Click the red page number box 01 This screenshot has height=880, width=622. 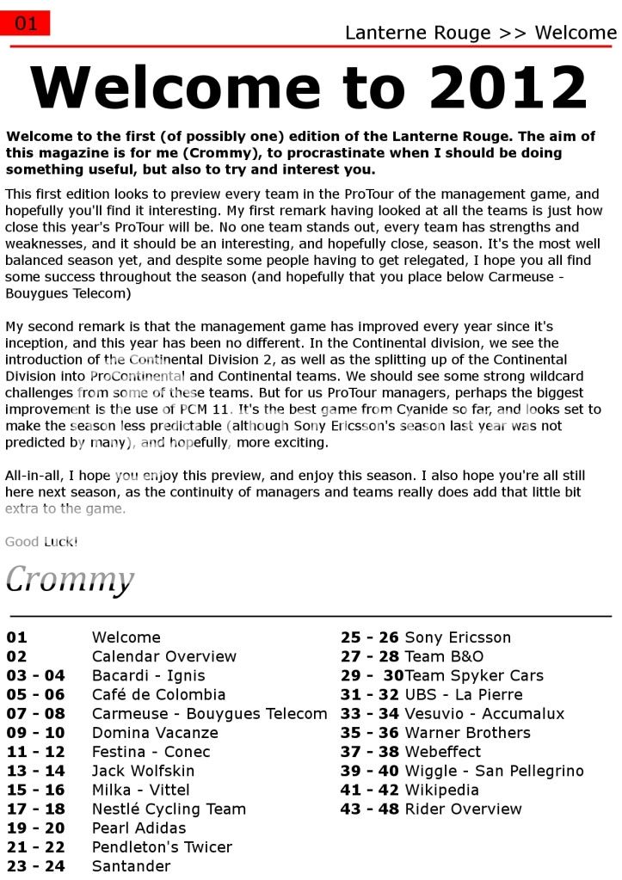coord(26,23)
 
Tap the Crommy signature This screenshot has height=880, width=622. coord(70,579)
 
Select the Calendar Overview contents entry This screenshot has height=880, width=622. coord(163,656)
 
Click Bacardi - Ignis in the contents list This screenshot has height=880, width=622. coord(148,675)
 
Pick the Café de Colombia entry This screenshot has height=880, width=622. coord(158,694)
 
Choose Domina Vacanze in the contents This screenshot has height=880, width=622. coord(155,733)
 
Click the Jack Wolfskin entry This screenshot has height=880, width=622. coord(143,771)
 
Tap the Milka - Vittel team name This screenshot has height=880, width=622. coord(140,790)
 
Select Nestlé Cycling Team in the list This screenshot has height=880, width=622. coord(169,809)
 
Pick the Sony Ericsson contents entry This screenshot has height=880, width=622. coord(457,637)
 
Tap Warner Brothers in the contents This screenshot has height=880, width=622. coord(467,733)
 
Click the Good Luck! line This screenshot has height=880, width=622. coord(41,542)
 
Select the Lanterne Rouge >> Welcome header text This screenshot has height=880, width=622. coord(480,34)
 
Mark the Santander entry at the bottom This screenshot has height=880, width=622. coord(131,865)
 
